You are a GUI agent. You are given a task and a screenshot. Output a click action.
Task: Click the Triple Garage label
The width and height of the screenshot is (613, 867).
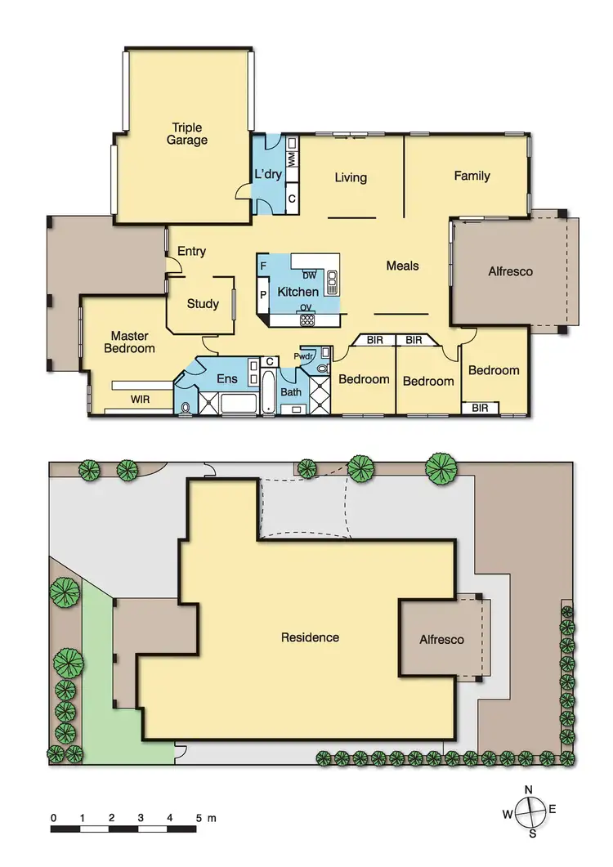click(x=187, y=134)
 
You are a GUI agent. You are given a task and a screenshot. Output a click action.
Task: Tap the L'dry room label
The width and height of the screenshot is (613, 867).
click(x=268, y=175)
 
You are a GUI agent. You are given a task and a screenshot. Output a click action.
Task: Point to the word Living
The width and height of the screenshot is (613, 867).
click(x=351, y=177)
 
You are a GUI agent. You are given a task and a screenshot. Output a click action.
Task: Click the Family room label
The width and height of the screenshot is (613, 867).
click(x=472, y=176)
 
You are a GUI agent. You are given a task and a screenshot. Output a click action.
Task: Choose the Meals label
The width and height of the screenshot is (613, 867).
click(x=402, y=266)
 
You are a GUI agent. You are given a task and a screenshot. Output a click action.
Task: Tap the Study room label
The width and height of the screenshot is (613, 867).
click(x=203, y=304)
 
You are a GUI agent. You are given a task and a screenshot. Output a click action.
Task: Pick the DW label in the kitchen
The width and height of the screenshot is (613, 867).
click(x=309, y=275)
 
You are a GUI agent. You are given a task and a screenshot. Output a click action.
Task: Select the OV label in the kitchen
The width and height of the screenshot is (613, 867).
click(x=304, y=308)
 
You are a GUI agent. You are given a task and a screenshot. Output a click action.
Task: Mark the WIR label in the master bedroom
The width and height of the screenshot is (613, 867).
click(x=140, y=400)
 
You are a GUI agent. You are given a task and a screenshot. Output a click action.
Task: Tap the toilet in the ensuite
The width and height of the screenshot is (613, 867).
click(x=186, y=407)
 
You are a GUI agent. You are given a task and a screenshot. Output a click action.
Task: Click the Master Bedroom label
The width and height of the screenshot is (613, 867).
click(x=132, y=342)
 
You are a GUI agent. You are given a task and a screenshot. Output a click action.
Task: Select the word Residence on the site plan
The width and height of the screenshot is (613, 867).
click(x=310, y=637)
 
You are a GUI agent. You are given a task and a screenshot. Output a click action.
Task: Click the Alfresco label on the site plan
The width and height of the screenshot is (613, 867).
click(x=441, y=640)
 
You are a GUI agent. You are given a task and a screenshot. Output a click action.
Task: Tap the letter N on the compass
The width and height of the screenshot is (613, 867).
click(x=529, y=789)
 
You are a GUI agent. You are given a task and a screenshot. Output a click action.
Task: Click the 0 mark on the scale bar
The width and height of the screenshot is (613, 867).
click(x=53, y=817)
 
